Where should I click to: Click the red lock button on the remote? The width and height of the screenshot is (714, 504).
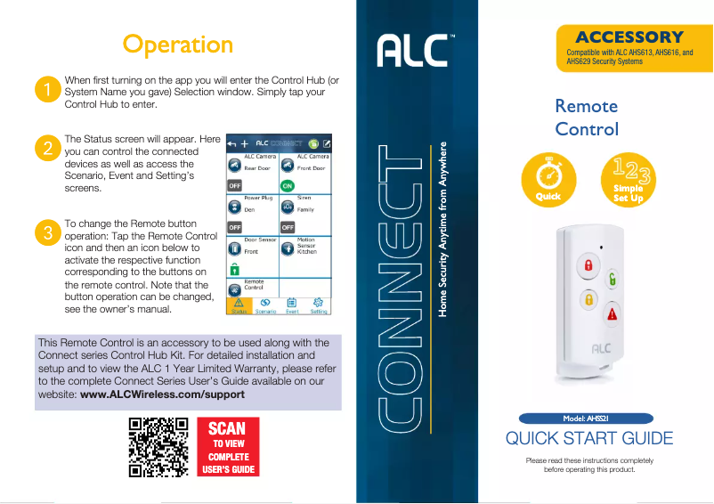tap(588, 265)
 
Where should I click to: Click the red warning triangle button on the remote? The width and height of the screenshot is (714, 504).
tap(612, 313)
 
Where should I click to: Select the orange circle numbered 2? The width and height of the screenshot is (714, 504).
tap(46, 149)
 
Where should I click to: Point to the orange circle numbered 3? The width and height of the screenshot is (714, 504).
tap(46, 233)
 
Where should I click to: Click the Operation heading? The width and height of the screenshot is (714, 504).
tap(178, 44)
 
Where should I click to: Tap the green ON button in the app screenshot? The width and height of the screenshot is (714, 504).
tap(287, 185)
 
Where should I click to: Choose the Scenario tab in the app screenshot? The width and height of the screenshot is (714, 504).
tap(265, 306)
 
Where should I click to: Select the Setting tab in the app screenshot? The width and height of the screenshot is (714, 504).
tap(319, 306)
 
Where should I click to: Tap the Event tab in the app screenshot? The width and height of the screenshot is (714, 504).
tap(292, 306)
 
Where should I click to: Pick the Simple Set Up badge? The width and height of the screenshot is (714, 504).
tap(629, 179)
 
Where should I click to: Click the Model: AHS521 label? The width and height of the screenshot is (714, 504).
tap(586, 418)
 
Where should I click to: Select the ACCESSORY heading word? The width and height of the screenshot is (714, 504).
tap(629, 37)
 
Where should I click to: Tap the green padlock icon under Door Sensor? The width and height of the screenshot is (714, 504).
tap(234, 268)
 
